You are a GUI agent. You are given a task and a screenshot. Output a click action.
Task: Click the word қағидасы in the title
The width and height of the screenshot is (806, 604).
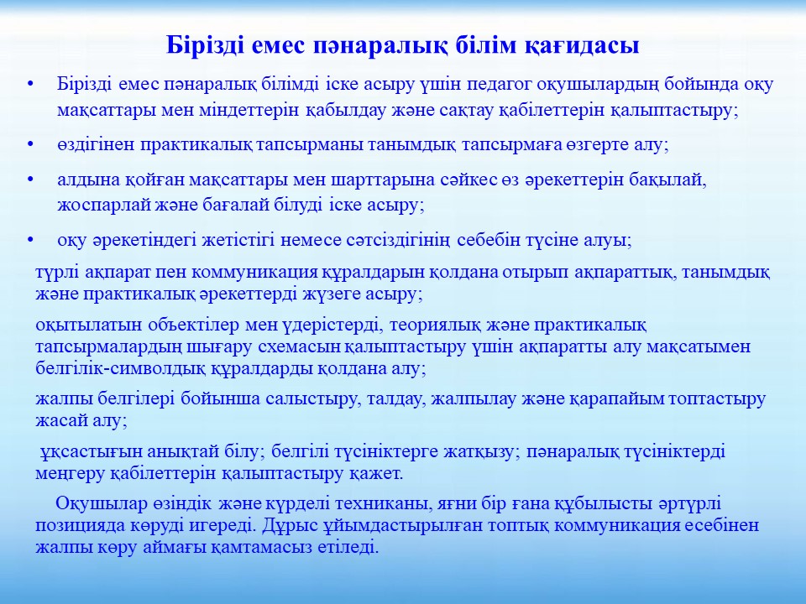(x=583, y=46)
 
